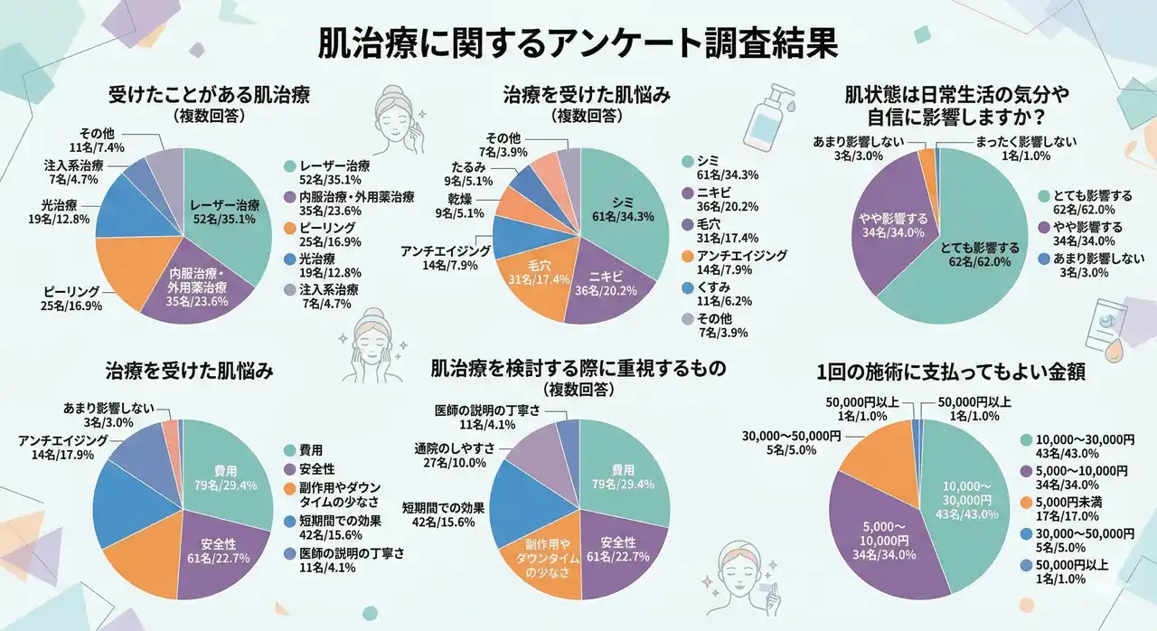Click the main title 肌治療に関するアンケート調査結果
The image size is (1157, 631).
pos(578,43)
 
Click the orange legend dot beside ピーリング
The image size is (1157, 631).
pos(289,228)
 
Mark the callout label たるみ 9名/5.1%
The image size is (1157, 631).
pos(471,174)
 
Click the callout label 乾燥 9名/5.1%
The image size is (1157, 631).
pos(463,206)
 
